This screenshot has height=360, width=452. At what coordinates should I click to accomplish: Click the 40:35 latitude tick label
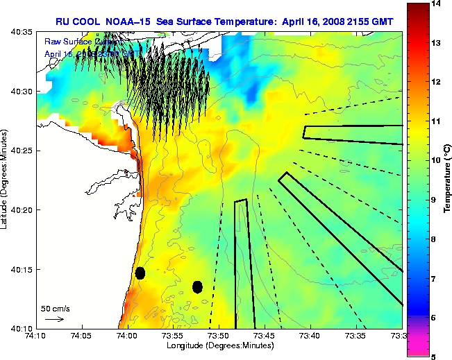(x=22, y=32)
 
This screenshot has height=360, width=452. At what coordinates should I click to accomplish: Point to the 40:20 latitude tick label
(x=22, y=209)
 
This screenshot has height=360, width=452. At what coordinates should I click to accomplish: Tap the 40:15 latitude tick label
(x=22, y=269)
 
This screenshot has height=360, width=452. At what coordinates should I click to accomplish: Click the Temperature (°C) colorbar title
(x=447, y=179)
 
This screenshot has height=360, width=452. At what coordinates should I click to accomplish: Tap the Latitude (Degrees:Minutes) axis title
(x=6, y=180)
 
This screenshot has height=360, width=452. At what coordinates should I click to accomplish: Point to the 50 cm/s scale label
(x=55, y=308)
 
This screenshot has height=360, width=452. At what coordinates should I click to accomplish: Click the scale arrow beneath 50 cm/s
(x=54, y=319)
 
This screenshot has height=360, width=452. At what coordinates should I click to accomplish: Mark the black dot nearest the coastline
(x=140, y=273)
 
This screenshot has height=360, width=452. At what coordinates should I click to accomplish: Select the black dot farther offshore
(x=197, y=286)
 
